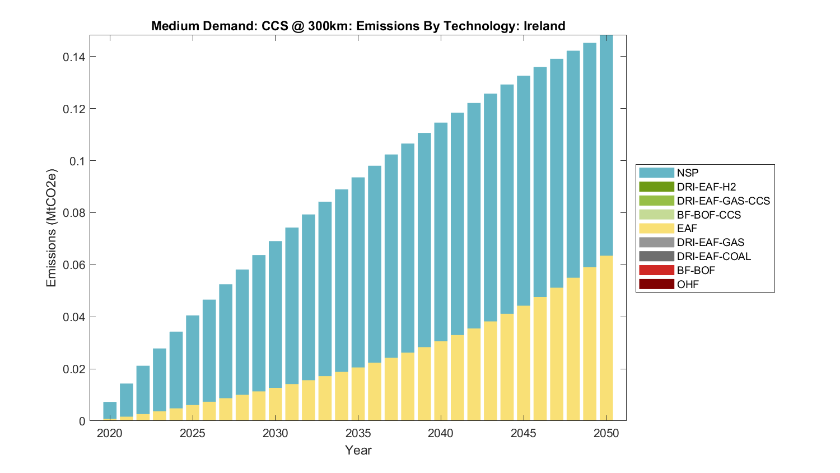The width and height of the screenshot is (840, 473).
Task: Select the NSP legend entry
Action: click(x=688, y=173)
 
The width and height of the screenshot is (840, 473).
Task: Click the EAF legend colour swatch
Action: click(x=656, y=228)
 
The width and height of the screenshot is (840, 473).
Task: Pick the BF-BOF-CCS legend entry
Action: click(x=708, y=215)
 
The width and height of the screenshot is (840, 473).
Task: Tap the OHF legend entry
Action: click(x=688, y=284)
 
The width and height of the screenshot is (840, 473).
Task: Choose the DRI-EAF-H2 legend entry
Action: click(x=706, y=187)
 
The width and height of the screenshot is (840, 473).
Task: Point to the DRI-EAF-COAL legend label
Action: click(x=713, y=256)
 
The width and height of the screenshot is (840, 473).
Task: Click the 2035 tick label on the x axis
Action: click(x=358, y=433)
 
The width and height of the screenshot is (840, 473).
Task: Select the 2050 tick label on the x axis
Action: click(x=606, y=433)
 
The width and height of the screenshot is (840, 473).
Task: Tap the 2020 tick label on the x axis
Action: click(x=110, y=433)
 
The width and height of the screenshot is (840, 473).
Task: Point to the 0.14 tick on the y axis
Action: click(x=74, y=57)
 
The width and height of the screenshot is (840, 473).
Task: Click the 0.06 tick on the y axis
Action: click(x=74, y=265)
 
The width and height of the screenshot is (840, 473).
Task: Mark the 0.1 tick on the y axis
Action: click(x=78, y=161)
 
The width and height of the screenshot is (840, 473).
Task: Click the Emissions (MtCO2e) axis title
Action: click(x=52, y=228)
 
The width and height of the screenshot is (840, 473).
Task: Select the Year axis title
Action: click(x=358, y=450)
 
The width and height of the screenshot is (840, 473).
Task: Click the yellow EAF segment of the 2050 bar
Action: click(x=606, y=336)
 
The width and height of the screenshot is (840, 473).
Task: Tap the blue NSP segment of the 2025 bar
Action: click(x=193, y=359)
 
